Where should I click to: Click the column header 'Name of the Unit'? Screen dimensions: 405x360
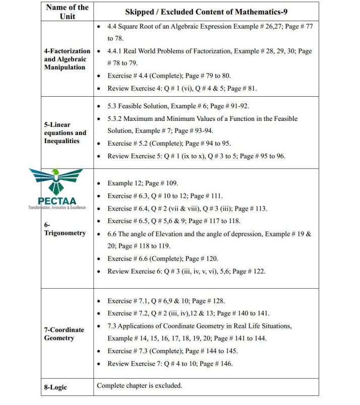pyautogui.click(x=67, y=12)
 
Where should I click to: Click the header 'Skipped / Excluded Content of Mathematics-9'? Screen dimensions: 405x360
pyautogui.click(x=206, y=12)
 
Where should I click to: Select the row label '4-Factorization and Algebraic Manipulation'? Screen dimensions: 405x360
pyautogui.click(x=67, y=59)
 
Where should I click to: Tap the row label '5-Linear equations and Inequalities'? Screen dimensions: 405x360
pyautogui.click(x=65, y=132)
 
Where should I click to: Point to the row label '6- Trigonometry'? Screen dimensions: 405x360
pyautogui.click(x=65, y=229)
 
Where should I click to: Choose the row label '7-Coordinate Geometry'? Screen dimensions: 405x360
pyautogui.click(x=64, y=333)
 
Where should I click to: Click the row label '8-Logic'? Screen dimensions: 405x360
pyautogui.click(x=55, y=387)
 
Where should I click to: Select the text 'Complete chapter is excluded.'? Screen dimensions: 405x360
pyautogui.click(x=140, y=386)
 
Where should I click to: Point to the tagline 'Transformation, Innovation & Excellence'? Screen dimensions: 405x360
pyautogui.click(x=57, y=208)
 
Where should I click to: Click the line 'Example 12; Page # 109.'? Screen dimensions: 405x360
pyautogui.click(x=143, y=183)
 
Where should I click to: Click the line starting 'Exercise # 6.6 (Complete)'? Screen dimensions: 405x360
pyautogui.click(x=162, y=258)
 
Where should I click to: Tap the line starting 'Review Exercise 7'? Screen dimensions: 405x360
pyautogui.click(x=170, y=363)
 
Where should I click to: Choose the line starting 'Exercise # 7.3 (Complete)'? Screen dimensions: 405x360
pyautogui.click(x=172, y=351)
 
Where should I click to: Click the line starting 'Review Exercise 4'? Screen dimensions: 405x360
pyautogui.click(x=182, y=88)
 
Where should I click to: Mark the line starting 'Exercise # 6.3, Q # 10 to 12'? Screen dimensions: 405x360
pyautogui.click(x=165, y=196)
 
